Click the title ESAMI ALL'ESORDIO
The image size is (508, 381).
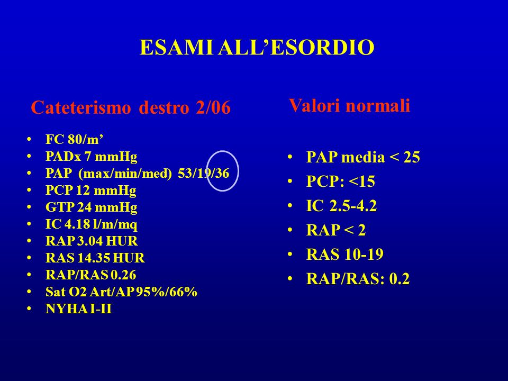pyautogui.click(x=257, y=48)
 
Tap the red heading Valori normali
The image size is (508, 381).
pyautogui.click(x=350, y=105)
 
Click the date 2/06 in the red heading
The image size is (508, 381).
pyautogui.click(x=213, y=107)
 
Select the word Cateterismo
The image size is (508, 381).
pyautogui.click(x=81, y=107)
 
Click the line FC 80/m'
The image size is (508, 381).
pyautogui.click(x=75, y=139)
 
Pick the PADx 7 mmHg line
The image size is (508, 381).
pyautogui.click(x=92, y=157)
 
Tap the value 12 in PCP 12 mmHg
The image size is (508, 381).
pyautogui.click(x=81, y=190)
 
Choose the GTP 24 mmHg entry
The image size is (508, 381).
pyautogui.click(x=92, y=207)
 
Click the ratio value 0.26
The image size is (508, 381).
pyautogui.click(x=123, y=275)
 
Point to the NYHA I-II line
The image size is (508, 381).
pyautogui.click(x=79, y=309)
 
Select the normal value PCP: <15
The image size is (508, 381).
pyautogui.click(x=340, y=181)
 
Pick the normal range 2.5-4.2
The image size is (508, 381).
pyautogui.click(x=353, y=206)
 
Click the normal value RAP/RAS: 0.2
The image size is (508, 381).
pyautogui.click(x=358, y=279)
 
